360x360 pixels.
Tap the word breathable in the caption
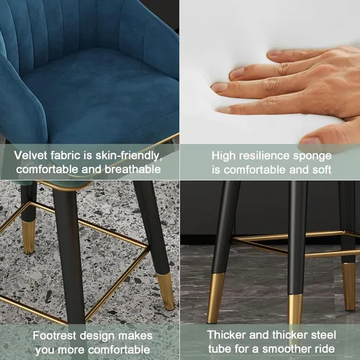[x=132, y=169]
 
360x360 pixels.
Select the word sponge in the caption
[x=312, y=156]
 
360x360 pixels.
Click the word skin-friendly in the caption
[x=129, y=156]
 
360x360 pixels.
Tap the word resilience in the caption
[x=264, y=156]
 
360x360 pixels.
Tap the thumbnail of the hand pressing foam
[x=310, y=140]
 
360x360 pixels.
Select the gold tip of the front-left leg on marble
[x=216, y=298]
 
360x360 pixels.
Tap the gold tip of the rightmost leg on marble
[x=348, y=287]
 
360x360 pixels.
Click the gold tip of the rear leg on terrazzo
[x=29, y=237]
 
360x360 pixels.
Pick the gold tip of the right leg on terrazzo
[x=166, y=291]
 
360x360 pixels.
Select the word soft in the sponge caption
[x=322, y=170]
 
